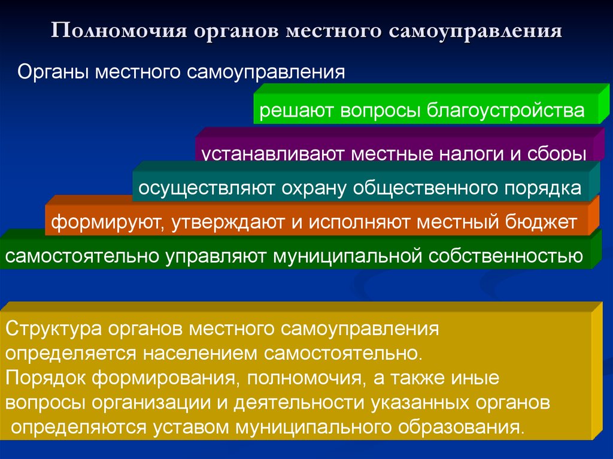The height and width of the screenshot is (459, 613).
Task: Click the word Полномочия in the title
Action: tap(119, 31)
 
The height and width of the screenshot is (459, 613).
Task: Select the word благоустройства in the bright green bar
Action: tap(505, 111)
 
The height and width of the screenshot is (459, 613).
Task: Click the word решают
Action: tap(296, 111)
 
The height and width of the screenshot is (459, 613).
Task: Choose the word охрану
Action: tap(314, 189)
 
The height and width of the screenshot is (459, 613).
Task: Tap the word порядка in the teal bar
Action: tap(542, 189)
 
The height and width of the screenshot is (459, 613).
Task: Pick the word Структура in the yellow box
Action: tap(53, 329)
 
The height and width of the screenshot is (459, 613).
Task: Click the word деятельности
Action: tap(299, 403)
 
